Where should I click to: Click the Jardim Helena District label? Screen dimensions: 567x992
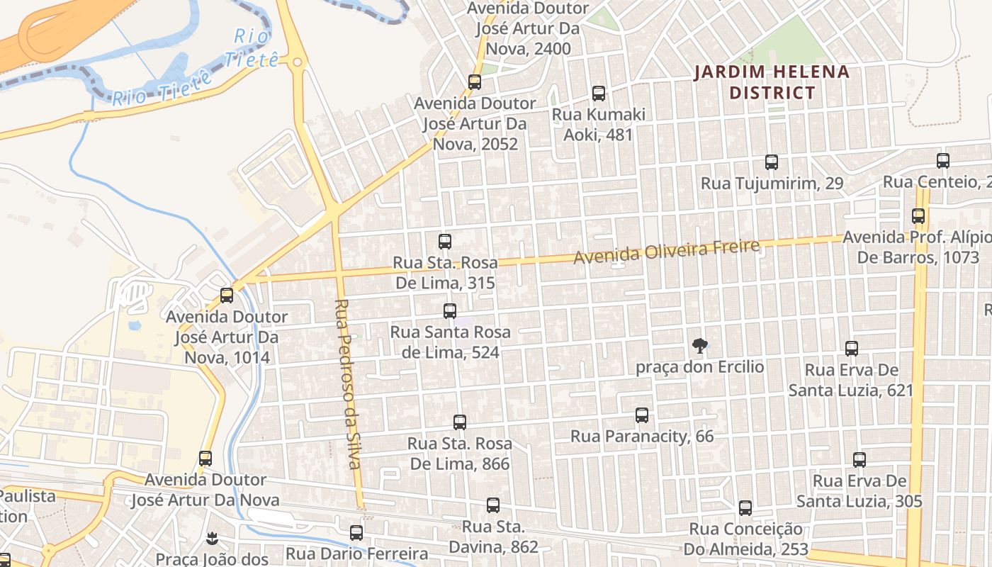(772, 82)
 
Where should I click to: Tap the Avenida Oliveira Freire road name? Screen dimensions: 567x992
(666, 252)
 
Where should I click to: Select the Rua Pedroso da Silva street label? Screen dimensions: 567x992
(348, 383)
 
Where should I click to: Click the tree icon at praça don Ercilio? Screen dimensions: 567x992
(700, 346)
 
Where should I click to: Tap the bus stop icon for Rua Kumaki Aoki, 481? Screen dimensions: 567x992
(599, 93)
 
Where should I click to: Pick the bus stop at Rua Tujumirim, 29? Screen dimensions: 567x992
(772, 162)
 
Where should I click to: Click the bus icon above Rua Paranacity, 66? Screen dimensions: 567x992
(642, 415)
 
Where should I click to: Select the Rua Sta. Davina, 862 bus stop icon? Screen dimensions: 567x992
(493, 505)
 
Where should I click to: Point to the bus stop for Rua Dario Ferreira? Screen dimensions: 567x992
(356, 532)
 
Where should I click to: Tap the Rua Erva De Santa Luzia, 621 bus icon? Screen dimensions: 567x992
(852, 348)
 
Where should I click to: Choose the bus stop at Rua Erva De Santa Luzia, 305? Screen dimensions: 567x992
(859, 459)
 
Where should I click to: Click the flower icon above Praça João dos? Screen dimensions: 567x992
(211, 538)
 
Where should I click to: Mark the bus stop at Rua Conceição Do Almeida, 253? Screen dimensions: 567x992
(745, 507)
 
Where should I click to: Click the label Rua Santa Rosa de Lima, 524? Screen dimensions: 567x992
(450, 342)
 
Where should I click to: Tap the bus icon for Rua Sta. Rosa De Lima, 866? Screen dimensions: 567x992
(460, 422)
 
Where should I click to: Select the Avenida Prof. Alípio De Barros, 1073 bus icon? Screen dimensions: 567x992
(918, 215)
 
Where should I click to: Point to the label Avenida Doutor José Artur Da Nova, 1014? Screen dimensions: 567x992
(227, 337)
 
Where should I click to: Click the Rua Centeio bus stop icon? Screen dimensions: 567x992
(943, 160)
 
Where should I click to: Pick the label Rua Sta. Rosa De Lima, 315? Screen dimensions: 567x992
(445, 273)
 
